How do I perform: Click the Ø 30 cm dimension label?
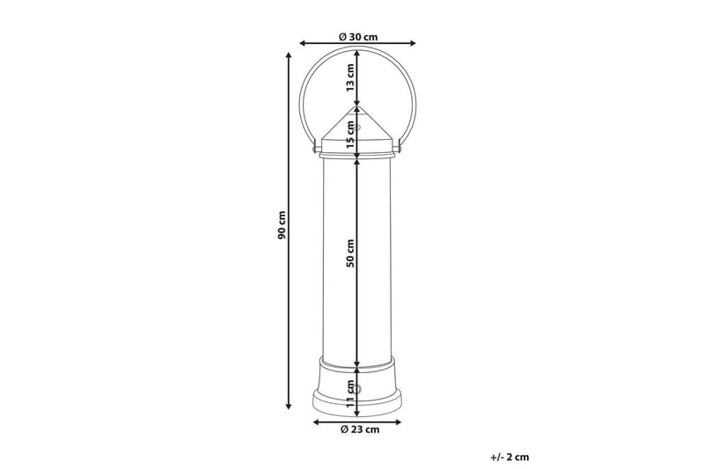[358, 36]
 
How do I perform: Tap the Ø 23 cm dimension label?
[360, 429]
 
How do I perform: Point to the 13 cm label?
[350, 77]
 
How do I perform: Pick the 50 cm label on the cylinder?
[350, 253]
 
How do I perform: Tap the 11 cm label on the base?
[350, 393]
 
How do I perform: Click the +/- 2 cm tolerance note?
[510, 458]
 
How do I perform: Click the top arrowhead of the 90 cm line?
[289, 55]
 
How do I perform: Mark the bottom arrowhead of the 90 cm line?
[289, 407]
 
